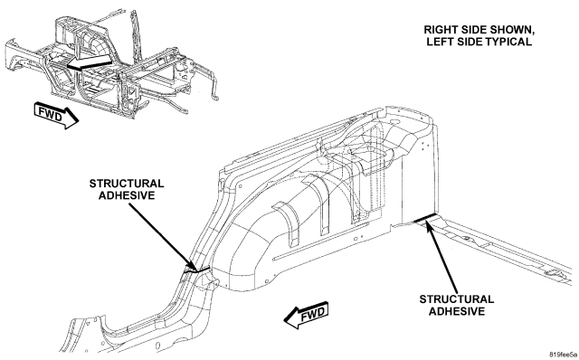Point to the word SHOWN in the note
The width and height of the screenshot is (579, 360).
pos(511,30)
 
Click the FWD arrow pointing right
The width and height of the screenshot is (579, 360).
pos(56,115)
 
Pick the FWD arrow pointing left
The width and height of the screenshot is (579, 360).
pos(307,315)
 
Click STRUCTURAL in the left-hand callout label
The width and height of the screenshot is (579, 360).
pos(127,184)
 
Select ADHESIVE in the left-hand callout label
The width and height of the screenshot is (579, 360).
pos(127,195)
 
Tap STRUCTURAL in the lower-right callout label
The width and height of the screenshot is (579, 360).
pos(457,299)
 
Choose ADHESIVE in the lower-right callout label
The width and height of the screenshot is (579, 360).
pos(457,311)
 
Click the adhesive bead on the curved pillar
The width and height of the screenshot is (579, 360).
pos(196,270)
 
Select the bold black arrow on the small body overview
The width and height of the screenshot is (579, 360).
pos(89,62)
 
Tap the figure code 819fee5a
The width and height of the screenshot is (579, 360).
pos(563,355)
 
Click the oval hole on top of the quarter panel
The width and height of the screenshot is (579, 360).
pos(394,120)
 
